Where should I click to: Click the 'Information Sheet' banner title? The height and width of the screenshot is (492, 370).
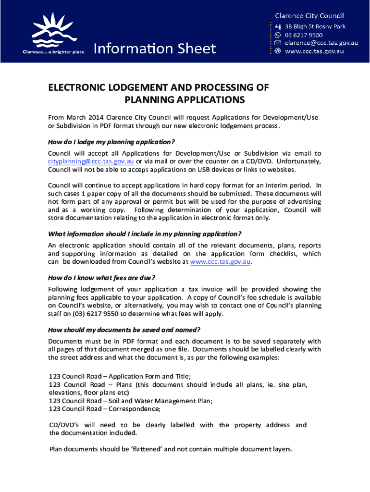coord(154,49)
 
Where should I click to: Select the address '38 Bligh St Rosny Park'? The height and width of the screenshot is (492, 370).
coord(315,26)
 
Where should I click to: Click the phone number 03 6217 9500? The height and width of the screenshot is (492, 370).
coord(304,35)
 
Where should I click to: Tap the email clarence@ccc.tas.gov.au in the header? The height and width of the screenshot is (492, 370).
coord(321,43)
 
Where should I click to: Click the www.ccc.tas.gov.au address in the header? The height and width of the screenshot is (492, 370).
coord(315,51)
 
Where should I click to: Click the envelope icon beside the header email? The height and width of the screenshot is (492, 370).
coord(278,43)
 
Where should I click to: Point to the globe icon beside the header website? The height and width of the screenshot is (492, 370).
coord(278,51)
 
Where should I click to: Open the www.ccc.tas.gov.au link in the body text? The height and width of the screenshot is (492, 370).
coord(221,262)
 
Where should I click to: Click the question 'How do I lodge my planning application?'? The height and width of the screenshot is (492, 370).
coord(111,142)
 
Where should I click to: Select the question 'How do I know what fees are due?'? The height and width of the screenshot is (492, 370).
coord(102,278)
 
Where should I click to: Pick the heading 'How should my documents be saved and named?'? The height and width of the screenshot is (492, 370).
coord(124,330)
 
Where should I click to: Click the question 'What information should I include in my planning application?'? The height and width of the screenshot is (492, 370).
coord(145,234)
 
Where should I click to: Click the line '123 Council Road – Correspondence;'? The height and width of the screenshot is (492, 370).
coord(105,409)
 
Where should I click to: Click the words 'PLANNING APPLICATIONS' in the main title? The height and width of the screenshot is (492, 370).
coord(185,100)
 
